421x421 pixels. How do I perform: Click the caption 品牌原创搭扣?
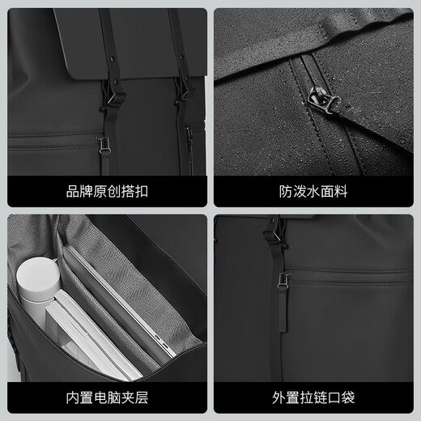(x=108, y=192)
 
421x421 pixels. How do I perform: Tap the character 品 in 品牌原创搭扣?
(x=71, y=192)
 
